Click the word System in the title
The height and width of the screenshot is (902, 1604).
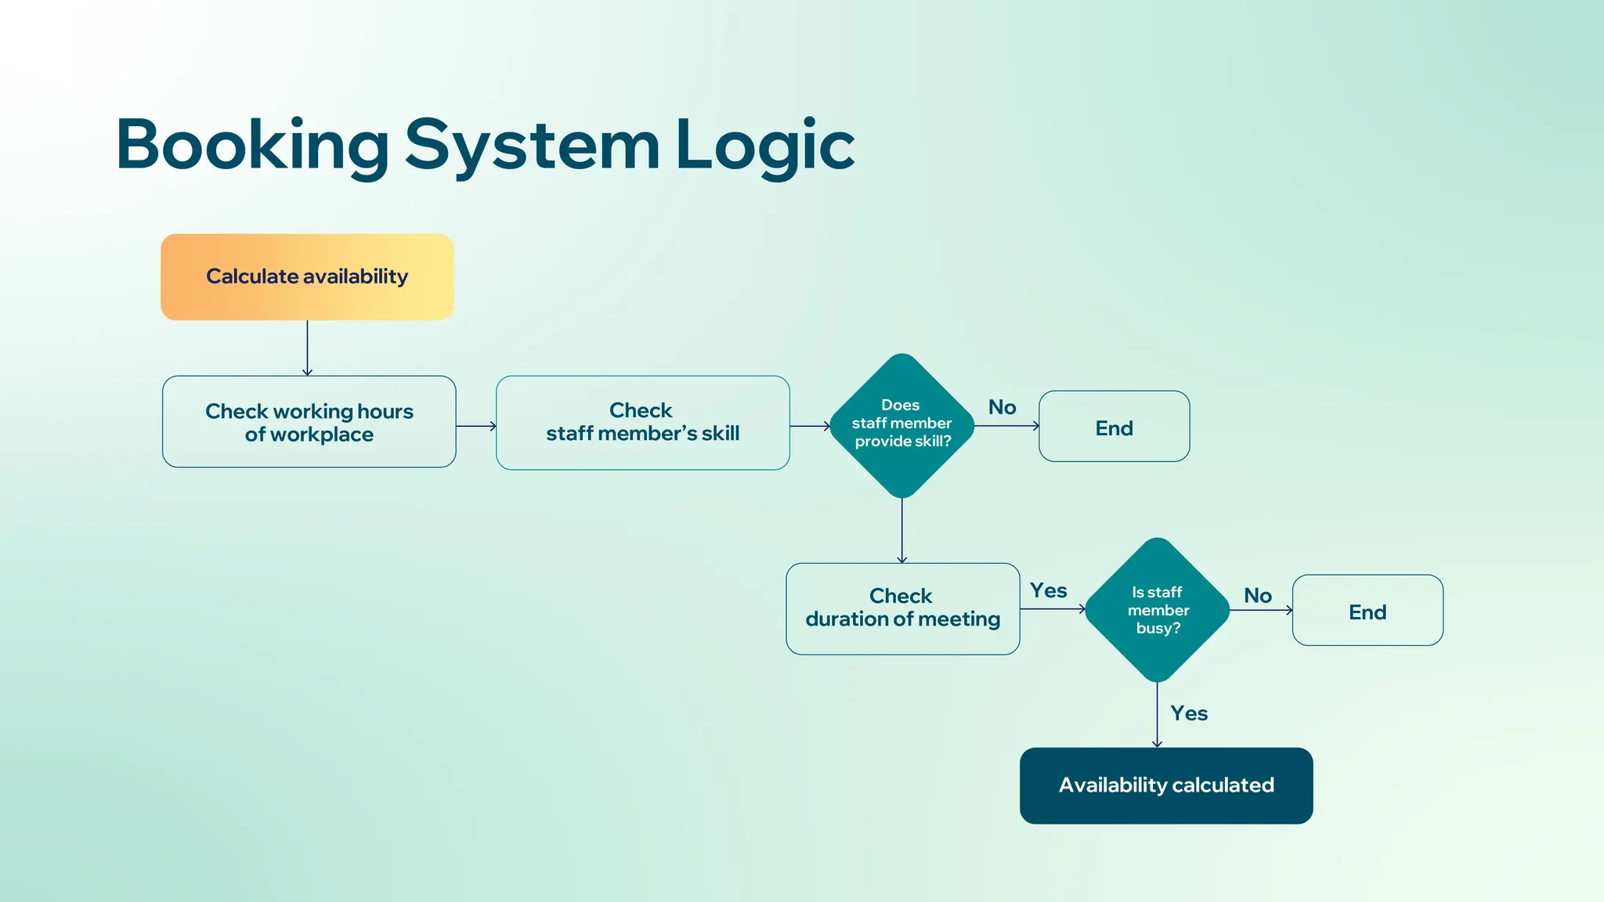pos(532,145)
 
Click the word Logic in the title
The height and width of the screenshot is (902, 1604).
pos(764,145)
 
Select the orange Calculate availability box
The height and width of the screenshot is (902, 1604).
pos(307,276)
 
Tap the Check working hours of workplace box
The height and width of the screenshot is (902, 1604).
pos(309,422)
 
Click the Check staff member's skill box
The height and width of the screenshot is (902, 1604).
pos(642,422)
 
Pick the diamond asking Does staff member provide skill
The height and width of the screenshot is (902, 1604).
pos(901,425)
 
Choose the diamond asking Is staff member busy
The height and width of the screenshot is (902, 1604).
pos(1158,610)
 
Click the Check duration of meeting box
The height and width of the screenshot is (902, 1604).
pos(902,608)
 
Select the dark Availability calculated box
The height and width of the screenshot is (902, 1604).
pos(1166,785)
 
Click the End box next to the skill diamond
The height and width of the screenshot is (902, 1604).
pos(1114,427)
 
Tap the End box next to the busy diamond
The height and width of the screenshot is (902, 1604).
pos(1367,611)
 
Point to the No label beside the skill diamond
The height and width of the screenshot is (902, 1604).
pos(1002,407)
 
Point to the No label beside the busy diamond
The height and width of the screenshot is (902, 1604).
pos(1258,596)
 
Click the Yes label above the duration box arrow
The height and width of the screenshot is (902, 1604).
pos(1048,590)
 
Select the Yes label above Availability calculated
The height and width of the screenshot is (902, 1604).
pos(1189,713)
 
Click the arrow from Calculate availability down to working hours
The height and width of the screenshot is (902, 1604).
pos(307,348)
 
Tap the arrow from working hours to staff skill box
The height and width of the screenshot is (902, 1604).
pos(475,426)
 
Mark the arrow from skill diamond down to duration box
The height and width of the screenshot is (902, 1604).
pos(902,530)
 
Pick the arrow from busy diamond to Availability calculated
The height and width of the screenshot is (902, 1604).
pos(1157,714)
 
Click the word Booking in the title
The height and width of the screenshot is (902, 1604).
pos(252,145)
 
